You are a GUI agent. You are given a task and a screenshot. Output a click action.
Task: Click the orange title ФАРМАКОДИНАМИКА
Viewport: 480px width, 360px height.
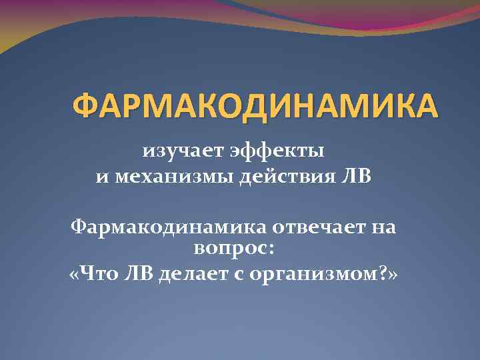(255, 106)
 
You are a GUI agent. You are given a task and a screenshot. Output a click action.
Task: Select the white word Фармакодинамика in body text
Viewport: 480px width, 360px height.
(167, 227)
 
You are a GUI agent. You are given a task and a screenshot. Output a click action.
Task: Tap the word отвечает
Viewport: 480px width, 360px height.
(317, 227)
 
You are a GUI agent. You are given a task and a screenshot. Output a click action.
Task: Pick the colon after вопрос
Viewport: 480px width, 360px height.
(270, 251)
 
